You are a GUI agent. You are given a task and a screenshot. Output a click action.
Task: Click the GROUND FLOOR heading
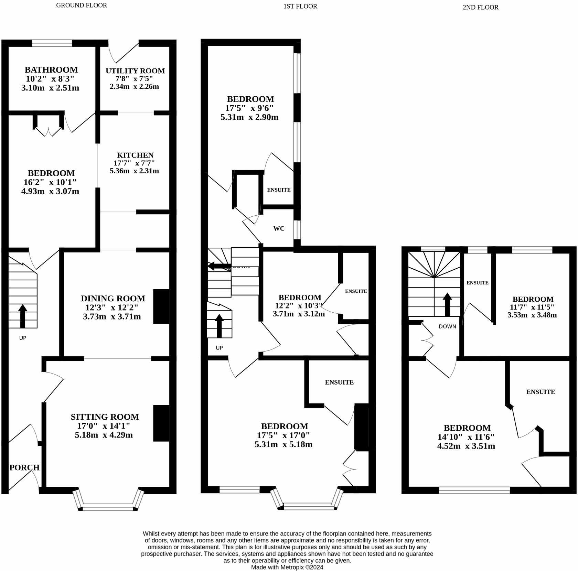pyautogui.click(x=82, y=5)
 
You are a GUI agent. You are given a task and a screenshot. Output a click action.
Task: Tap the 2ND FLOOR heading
pyautogui.click(x=480, y=7)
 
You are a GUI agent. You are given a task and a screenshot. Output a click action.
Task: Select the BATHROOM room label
pyautogui.click(x=51, y=70)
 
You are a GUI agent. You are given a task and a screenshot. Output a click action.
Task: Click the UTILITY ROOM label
pyautogui.click(x=135, y=71)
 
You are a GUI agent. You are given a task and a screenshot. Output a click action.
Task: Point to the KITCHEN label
pyautogui.click(x=135, y=155)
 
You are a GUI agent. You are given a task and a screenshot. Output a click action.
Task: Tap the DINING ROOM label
pyautogui.click(x=113, y=299)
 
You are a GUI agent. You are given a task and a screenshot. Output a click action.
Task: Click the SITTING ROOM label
pyautogui.click(x=105, y=417)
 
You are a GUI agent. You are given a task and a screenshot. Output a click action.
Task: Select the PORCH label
pyautogui.click(x=24, y=467)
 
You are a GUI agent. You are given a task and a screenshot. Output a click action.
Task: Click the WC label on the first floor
pyautogui.click(x=279, y=228)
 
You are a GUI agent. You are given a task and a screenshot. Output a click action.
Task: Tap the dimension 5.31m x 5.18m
pyautogui.click(x=283, y=444)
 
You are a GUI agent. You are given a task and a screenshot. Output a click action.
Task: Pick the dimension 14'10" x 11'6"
pyautogui.click(x=466, y=437)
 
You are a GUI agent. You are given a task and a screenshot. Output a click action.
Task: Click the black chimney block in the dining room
pyautogui.click(x=161, y=306)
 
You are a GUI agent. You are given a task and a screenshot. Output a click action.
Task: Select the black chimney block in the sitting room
pyautogui.click(x=161, y=423)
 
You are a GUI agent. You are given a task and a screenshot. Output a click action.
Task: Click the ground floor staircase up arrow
pyautogui.click(x=23, y=315)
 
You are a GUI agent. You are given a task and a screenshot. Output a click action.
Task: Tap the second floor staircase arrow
pyautogui.click(x=447, y=304)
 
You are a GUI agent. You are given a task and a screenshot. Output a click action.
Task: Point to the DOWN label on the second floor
pyautogui.click(x=447, y=326)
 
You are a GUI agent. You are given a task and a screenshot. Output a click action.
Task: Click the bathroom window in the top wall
pyautogui.click(x=52, y=43)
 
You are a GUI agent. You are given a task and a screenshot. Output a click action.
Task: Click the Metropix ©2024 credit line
pyautogui.click(x=287, y=567)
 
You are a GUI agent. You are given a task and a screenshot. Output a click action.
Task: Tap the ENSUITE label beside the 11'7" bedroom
pyautogui.click(x=477, y=283)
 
